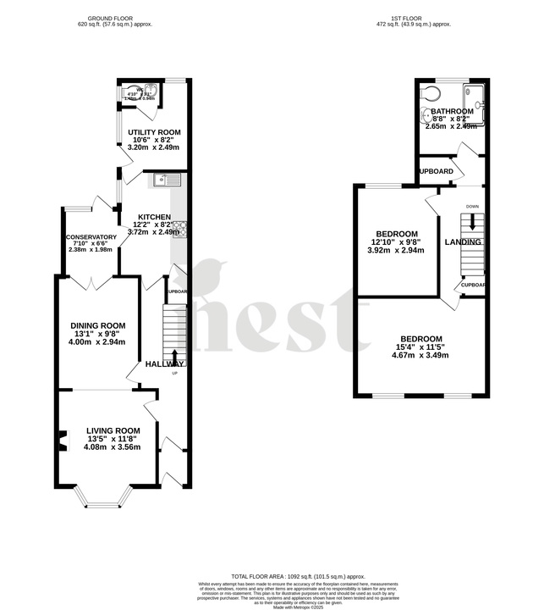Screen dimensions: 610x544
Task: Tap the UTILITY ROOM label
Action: [154, 133]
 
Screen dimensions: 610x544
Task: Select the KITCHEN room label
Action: [155, 217]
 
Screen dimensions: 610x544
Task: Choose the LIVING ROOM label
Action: [113, 430]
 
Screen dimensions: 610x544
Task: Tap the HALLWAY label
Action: [164, 363]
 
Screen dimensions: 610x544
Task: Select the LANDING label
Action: [463, 242]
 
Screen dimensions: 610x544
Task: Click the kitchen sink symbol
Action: [165, 179]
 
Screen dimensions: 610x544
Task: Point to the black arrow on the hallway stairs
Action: [175, 356]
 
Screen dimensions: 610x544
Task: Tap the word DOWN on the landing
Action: [473, 206]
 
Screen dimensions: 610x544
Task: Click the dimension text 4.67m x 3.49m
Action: [420, 355]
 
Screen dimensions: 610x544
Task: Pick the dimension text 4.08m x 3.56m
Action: [113, 447]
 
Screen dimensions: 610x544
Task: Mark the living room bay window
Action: [105, 499]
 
